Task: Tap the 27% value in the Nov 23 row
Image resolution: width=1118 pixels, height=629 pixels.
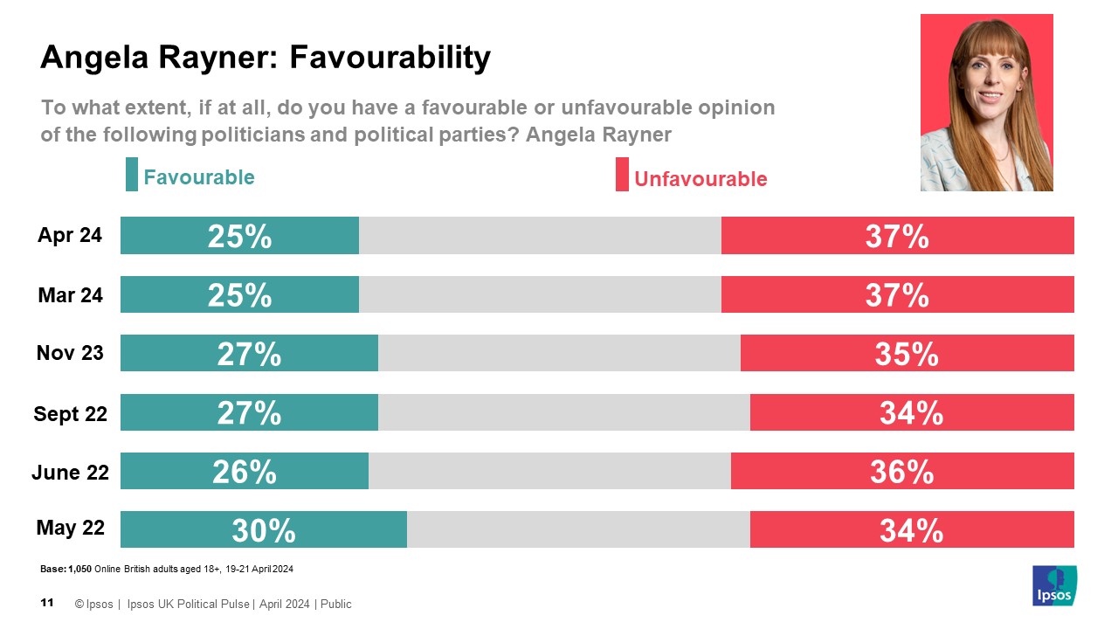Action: click(249, 354)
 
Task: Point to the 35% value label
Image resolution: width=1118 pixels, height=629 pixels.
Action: click(906, 354)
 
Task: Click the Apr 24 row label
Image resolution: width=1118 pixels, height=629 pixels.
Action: click(70, 235)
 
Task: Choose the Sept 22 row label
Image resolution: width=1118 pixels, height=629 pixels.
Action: click(70, 413)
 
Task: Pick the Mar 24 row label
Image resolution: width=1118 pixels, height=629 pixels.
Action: click(70, 295)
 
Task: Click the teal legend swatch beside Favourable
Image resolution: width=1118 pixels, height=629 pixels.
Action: click(132, 175)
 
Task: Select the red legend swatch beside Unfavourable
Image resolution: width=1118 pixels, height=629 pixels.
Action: click(622, 175)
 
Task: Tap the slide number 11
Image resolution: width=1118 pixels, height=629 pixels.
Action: click(48, 603)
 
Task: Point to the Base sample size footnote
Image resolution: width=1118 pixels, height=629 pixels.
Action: click(166, 570)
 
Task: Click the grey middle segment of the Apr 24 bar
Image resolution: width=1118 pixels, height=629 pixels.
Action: click(540, 235)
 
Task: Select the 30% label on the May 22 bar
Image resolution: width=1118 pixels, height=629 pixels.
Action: click(263, 530)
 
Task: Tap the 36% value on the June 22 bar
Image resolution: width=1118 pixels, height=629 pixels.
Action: click(901, 472)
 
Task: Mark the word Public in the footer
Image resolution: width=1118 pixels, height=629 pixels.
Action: click(335, 604)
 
